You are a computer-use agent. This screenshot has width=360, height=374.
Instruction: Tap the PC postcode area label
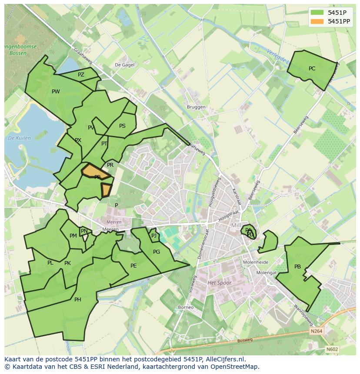[x=312, y=69]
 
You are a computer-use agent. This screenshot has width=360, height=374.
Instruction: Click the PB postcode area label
[x=297, y=267]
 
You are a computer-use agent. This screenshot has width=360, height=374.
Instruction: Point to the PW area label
[x=56, y=92]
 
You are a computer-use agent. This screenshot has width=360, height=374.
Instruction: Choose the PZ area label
[x=81, y=75]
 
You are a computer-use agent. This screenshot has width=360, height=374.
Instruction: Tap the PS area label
[x=122, y=126]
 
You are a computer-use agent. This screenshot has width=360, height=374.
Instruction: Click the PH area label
[x=77, y=300]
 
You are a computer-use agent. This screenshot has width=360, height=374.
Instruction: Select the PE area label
[x=133, y=266]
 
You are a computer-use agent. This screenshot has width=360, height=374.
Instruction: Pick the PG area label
[x=157, y=252]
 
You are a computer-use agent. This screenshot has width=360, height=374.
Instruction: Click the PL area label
[x=50, y=263]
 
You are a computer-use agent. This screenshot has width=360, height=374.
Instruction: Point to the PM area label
[x=73, y=236]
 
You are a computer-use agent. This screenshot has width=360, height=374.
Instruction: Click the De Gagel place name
[x=124, y=65]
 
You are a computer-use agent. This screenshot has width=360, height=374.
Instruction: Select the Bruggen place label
[x=196, y=107]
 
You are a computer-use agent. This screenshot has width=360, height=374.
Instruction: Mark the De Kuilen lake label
[x=20, y=138]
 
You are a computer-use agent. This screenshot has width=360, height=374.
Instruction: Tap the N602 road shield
[x=332, y=349]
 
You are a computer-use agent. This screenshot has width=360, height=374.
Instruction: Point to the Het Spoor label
[x=220, y=283]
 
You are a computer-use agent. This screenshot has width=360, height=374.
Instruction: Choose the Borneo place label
[x=186, y=308]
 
